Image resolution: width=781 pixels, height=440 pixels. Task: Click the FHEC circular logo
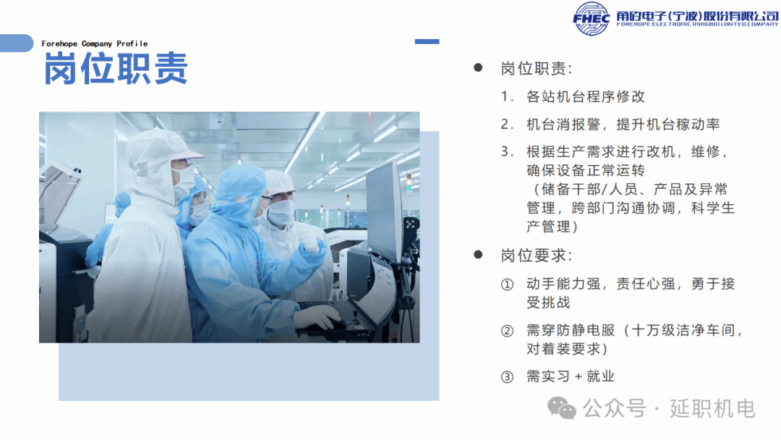[x=592, y=19]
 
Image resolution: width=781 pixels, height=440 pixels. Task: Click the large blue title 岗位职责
[x=116, y=68]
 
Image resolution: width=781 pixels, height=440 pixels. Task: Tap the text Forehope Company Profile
[x=95, y=44]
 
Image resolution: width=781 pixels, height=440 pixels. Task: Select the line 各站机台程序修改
[x=586, y=97]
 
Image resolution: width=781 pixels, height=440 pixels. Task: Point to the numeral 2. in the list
[x=507, y=124]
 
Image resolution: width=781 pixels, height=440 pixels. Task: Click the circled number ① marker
[x=507, y=284]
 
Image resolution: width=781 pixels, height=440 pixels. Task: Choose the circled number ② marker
[x=507, y=331]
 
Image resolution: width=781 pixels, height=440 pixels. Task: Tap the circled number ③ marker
[x=507, y=377]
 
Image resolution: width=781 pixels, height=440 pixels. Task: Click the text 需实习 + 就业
[x=571, y=376]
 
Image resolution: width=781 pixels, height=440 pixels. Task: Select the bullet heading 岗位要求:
[x=537, y=255]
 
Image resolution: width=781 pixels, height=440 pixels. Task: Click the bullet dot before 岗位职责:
[x=478, y=68]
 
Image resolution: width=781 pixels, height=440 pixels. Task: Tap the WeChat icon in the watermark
[x=562, y=409]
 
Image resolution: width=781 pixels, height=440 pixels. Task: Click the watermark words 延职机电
[x=712, y=409]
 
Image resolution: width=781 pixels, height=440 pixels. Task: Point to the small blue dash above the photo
[x=427, y=42]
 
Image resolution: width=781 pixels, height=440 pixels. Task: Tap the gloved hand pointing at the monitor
[x=311, y=242]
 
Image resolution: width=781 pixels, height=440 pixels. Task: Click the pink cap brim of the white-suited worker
[x=188, y=155]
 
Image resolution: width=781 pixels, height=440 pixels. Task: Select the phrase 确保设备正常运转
[x=586, y=170]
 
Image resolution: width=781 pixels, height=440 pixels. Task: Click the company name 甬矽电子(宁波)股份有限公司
[x=697, y=17]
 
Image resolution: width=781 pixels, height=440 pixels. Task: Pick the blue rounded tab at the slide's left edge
[x=17, y=43]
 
